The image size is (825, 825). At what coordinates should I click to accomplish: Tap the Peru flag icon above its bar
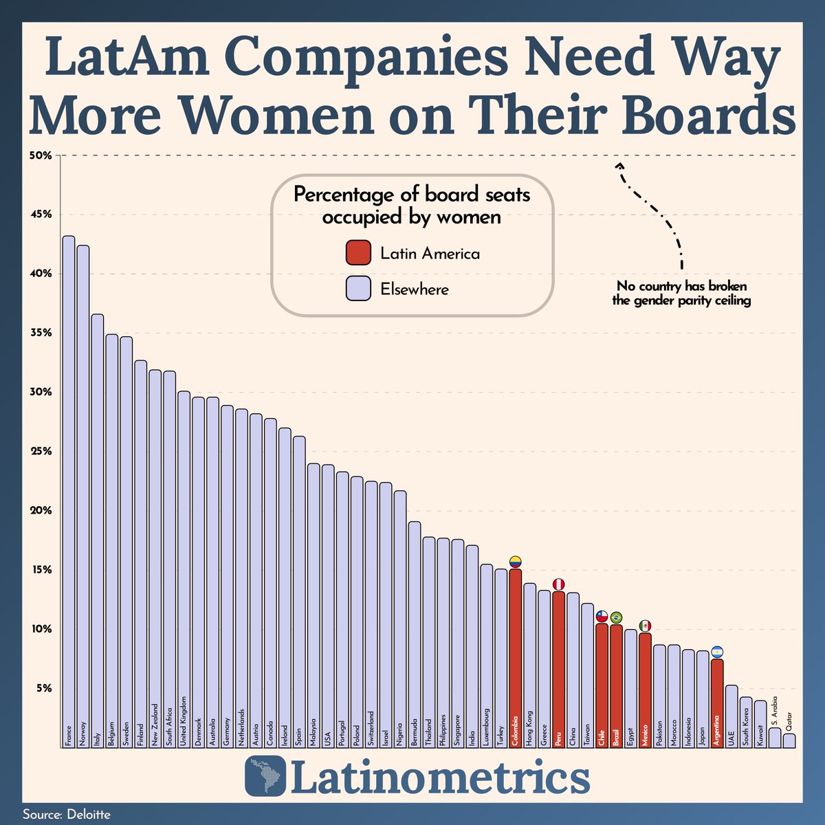coord(558,584)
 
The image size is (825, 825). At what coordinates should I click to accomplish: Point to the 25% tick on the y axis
coord(41,452)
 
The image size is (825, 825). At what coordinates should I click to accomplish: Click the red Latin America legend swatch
coord(358,253)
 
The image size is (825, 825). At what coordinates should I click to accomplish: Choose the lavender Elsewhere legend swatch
coord(358,289)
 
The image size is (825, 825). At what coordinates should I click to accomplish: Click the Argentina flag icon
coord(717,652)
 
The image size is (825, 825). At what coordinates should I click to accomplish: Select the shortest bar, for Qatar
coord(789,740)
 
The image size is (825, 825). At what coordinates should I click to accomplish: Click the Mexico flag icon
coord(645,626)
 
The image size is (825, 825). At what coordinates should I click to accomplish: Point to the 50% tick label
coord(41,155)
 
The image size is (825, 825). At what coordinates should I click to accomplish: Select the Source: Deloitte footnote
coord(67,814)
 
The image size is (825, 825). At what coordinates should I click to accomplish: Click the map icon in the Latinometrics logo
coord(267,778)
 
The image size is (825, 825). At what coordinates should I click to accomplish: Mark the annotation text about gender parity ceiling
coord(681,293)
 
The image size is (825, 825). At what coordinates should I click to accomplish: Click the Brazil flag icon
coord(616,617)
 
